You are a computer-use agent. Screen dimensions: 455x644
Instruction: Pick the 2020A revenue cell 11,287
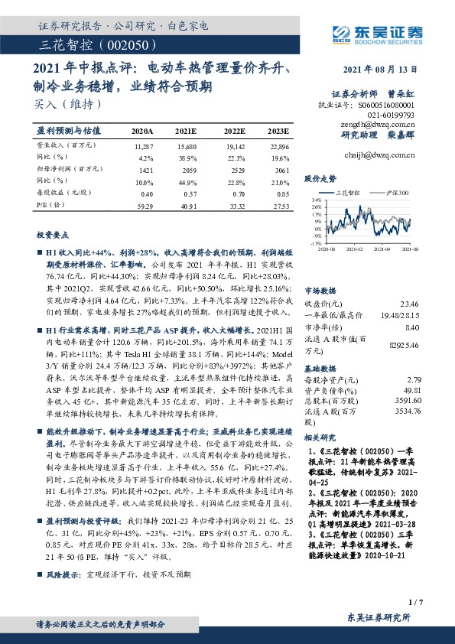point(143,145)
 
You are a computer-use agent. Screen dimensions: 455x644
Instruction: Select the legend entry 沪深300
point(396,194)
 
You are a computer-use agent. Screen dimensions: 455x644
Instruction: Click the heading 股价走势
point(320,178)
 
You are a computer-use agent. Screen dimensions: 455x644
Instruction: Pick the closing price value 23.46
point(411,304)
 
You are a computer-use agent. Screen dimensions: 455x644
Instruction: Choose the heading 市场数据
point(320,291)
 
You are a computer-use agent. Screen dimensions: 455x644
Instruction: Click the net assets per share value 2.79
point(414,379)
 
